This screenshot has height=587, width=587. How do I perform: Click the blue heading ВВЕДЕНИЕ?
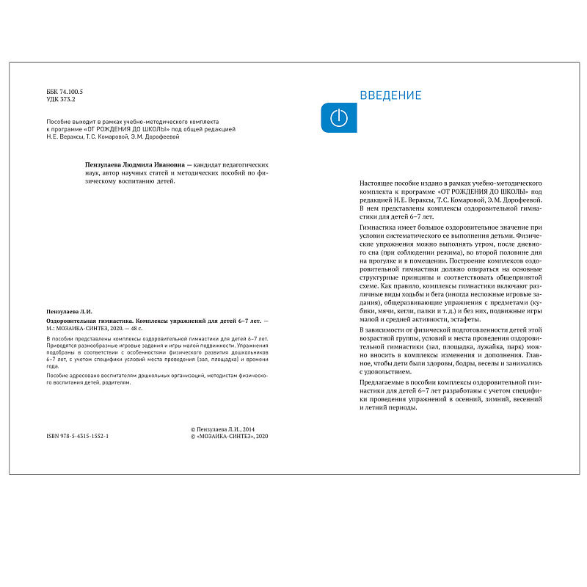coord(390,95)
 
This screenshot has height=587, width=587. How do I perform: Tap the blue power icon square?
coord(339,118)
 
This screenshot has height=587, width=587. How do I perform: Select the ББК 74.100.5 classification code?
coord(65,92)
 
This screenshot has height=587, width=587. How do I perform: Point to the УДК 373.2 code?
coord(61,99)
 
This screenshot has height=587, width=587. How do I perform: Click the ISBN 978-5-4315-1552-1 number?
coord(77,436)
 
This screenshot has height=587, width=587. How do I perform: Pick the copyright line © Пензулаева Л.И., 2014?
coord(222,428)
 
